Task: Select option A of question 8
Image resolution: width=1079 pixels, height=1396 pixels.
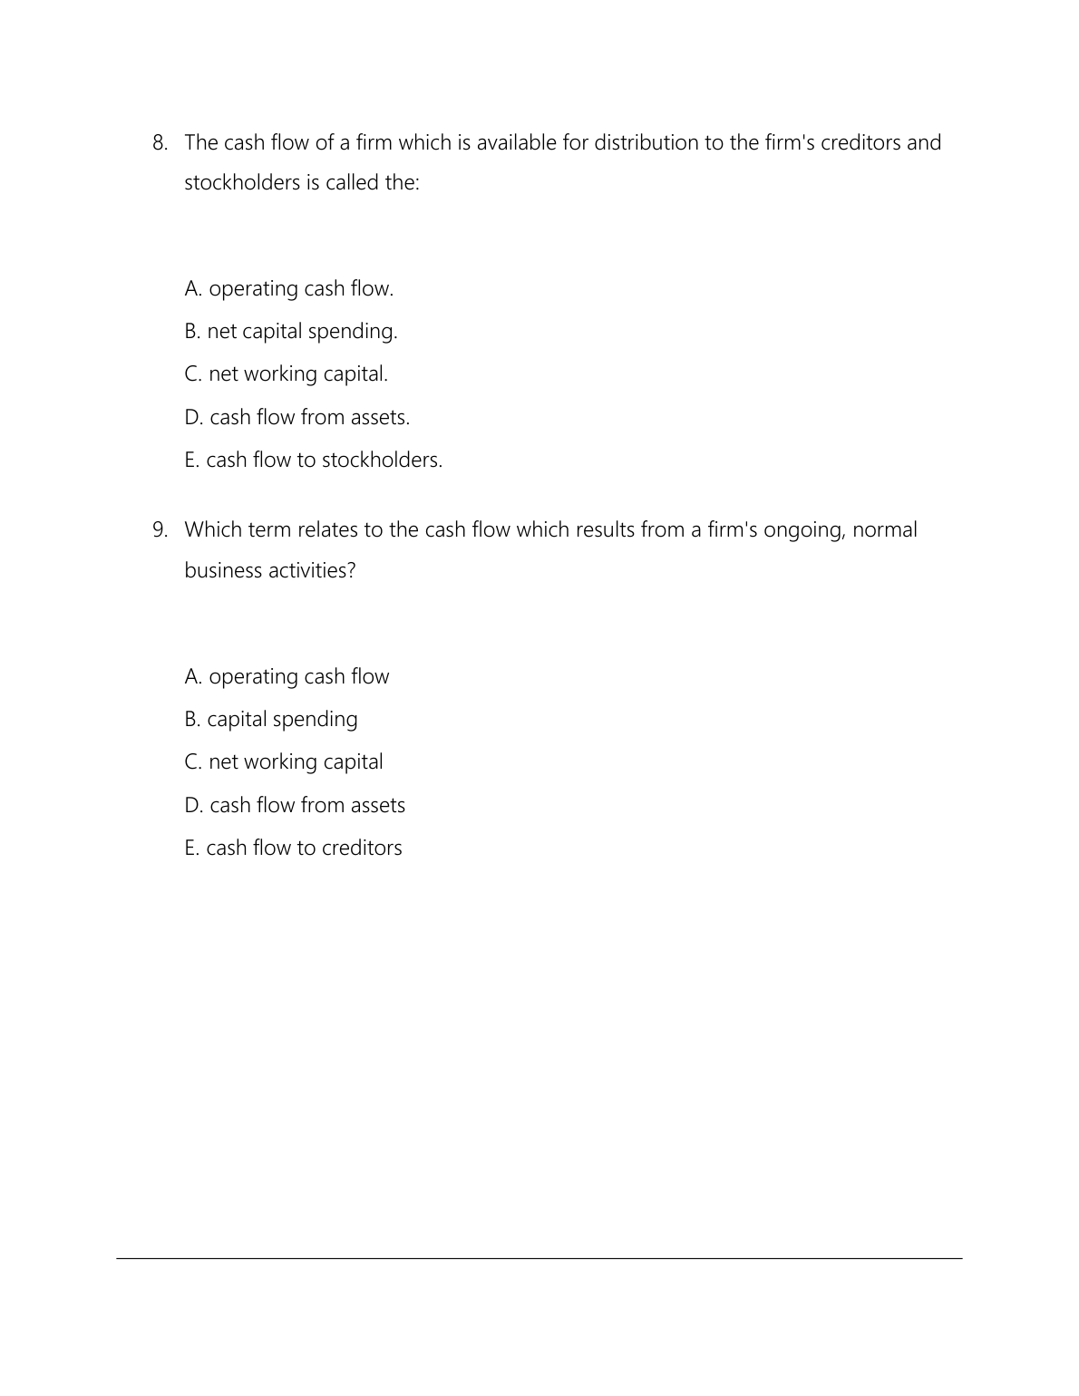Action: pos(288,289)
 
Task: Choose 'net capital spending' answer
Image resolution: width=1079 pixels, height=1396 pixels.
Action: pos(290,332)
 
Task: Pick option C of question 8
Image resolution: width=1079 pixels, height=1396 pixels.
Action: pos(286,374)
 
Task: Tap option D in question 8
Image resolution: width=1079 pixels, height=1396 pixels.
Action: pos(296,418)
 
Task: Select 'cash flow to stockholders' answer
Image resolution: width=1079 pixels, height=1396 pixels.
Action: pos(313,460)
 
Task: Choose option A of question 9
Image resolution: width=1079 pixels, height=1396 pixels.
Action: pos(287,677)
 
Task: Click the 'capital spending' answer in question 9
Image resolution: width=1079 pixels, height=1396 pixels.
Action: pos(270,720)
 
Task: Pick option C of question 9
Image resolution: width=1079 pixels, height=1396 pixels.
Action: pos(283,762)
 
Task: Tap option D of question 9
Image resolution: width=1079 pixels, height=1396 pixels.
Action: pos(295,806)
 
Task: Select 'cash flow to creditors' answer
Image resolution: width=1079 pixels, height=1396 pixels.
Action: pos(293,848)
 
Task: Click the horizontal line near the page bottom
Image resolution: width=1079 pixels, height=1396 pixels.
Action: pos(539,1258)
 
